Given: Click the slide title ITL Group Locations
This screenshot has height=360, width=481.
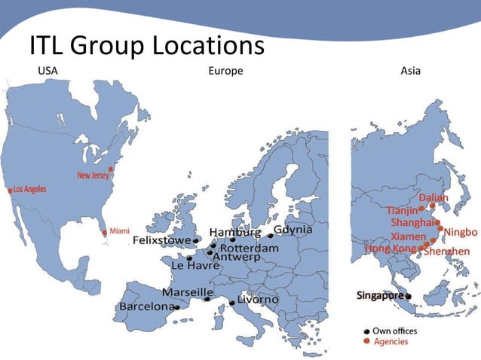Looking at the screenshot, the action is [x=146, y=47].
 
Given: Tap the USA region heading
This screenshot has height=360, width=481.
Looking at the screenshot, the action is [x=47, y=72].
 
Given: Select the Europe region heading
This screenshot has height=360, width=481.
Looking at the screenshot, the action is [x=225, y=72].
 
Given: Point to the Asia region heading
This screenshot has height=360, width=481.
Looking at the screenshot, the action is [x=411, y=72].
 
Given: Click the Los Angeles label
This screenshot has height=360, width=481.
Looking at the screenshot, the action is [x=29, y=189].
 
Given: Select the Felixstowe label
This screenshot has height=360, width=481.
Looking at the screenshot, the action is [x=161, y=240].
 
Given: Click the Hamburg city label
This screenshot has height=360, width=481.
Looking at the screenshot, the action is [x=234, y=231].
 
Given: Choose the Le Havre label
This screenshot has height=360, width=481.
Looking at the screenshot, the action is [x=195, y=266].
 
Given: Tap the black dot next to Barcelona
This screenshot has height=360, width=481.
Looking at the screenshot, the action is [x=176, y=307].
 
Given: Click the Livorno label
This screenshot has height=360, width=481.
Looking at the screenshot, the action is [x=258, y=300].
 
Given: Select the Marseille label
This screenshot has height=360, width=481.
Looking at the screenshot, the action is [x=188, y=291].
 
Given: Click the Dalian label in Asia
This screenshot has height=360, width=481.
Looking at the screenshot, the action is [x=433, y=198].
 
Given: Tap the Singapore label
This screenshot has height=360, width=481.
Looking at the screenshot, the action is [x=380, y=295].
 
